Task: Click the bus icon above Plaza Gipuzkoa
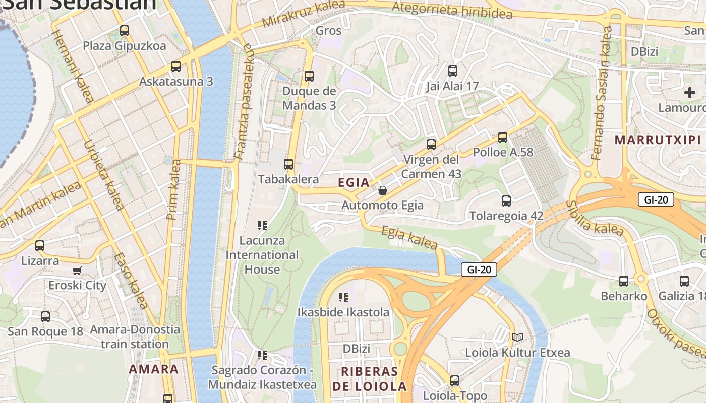[x=125, y=31]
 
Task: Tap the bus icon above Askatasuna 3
[x=175, y=66]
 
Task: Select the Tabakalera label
[x=288, y=179]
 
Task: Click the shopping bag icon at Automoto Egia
[x=383, y=190]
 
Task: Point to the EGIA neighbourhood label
[x=354, y=183]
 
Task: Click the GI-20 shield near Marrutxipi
[x=656, y=199]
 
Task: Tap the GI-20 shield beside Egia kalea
[x=479, y=270]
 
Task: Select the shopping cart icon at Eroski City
[x=77, y=271]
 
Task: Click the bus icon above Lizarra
[x=39, y=246]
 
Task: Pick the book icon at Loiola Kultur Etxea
[x=517, y=337]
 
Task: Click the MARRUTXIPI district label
[x=658, y=140]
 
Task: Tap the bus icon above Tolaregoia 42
[x=506, y=201]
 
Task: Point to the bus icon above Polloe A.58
[x=502, y=137]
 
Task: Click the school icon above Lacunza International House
[x=262, y=226]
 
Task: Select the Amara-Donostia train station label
[x=135, y=337]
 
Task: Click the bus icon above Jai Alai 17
[x=452, y=71]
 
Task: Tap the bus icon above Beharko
[x=623, y=281]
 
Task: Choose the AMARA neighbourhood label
[x=153, y=369]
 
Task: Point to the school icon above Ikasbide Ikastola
[x=343, y=297]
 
